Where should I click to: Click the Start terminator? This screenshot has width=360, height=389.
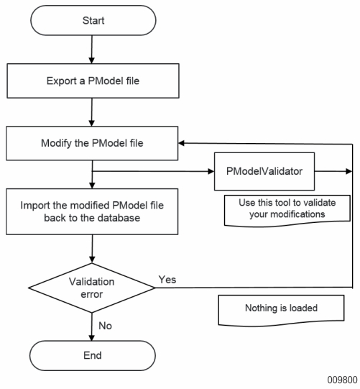[93, 20]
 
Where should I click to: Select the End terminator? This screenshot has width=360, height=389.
[93, 355]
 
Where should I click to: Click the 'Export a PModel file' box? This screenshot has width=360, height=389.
[93, 81]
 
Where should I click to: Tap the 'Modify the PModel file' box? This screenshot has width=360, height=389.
[92, 143]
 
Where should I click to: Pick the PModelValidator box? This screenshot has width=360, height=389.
[264, 171]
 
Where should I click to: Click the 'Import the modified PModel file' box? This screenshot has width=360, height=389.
[92, 211]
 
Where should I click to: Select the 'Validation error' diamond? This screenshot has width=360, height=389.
[92, 288]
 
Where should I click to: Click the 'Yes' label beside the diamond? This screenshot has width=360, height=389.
[167, 280]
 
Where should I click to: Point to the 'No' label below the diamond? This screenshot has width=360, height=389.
[105, 326]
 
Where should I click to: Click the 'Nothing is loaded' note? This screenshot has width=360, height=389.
[281, 310]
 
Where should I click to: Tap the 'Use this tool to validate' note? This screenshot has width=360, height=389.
[287, 211]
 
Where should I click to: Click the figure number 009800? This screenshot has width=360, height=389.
[342, 380]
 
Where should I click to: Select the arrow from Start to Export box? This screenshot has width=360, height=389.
[92, 50]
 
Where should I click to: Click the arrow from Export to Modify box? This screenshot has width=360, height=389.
[92, 112]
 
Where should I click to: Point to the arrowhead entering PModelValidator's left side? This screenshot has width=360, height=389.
[211, 171]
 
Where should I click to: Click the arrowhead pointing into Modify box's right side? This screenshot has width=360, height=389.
[182, 143]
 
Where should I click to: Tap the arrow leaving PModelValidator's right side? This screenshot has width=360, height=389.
[333, 171]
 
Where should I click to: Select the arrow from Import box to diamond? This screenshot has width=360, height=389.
[92, 249]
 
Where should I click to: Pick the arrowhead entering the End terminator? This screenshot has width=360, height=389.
[92, 338]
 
